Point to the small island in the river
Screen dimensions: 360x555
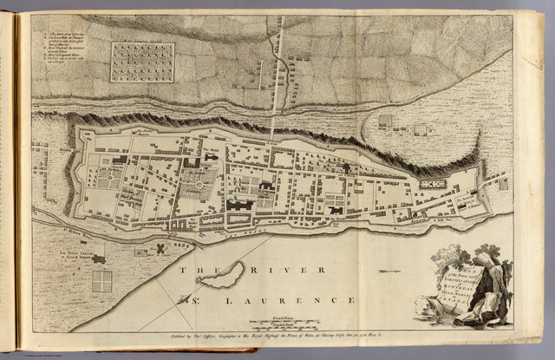(221, 277)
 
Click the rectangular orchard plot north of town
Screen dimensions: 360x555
(142, 62)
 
